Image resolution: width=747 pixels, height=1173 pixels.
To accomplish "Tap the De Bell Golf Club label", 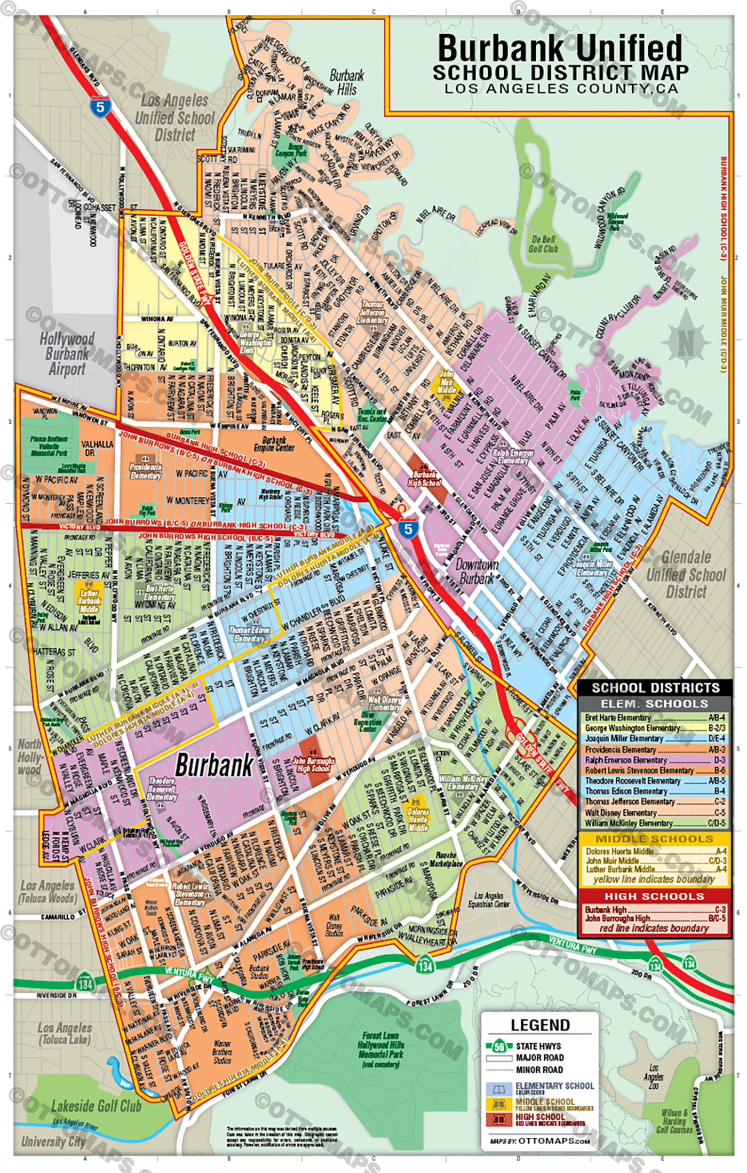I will coord(543,244).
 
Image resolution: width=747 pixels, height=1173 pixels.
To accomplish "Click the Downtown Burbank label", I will coord(477,572).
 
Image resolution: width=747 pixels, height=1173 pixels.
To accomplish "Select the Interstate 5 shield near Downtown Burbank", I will coord(408,528).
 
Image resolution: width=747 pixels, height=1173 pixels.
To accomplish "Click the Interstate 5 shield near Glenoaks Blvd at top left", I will coord(100,106).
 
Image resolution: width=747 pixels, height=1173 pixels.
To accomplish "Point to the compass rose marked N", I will coord(686,341).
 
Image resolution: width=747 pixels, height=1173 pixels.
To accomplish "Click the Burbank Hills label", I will coord(346,82).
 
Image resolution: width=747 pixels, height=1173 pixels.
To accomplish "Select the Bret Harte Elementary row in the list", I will coord(654,718).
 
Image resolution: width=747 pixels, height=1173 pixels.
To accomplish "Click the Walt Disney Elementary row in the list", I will coord(654,813).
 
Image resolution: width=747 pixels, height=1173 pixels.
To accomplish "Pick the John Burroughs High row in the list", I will coord(654,918).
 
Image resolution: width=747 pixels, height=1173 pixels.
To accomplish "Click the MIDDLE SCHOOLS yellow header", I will coord(654,838).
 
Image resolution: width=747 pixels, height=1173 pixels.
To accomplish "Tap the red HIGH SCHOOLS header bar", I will coord(654,896).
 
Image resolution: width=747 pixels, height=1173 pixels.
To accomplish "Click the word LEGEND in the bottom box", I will coord(540,1025).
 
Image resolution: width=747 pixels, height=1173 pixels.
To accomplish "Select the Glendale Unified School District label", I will coord(686,574).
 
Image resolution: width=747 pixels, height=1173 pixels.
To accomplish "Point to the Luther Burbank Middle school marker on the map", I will coord(89,601).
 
